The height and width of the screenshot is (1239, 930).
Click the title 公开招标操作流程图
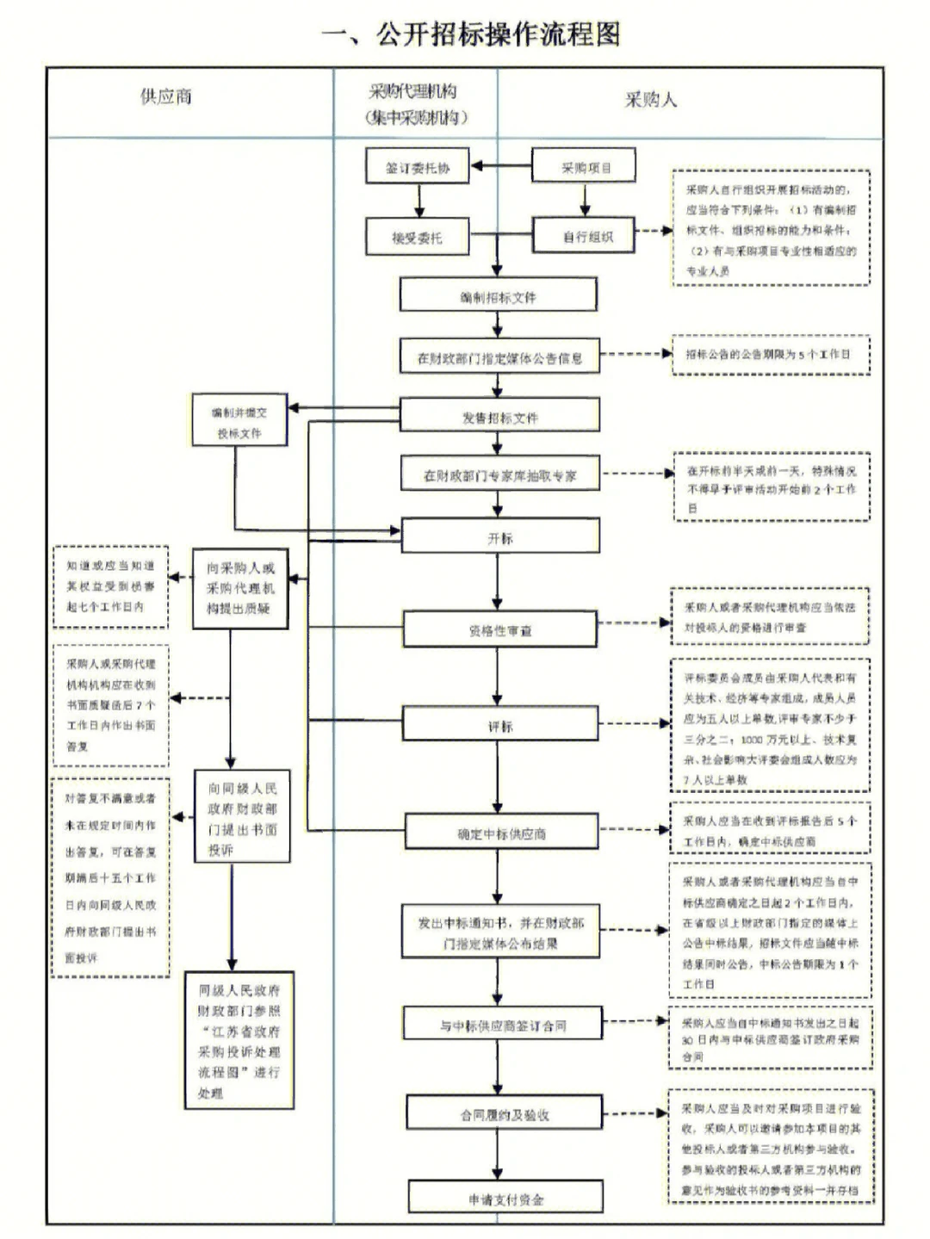click(x=471, y=34)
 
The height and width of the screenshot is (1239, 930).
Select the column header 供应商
click(x=166, y=96)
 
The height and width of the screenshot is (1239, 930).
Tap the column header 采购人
click(x=650, y=100)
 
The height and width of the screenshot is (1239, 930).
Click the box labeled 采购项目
click(x=584, y=167)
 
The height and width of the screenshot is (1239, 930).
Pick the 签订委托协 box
click(x=418, y=167)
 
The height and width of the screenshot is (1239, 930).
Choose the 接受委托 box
click(x=418, y=237)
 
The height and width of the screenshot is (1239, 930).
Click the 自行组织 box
click(x=584, y=236)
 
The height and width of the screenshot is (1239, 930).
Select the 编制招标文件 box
click(x=498, y=296)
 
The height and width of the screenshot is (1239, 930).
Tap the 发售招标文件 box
click(x=499, y=417)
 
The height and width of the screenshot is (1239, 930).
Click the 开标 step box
click(x=499, y=537)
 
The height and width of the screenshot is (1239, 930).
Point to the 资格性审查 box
click(x=499, y=630)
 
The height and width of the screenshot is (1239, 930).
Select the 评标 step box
click(x=499, y=726)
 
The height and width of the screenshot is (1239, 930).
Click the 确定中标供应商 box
click(x=501, y=833)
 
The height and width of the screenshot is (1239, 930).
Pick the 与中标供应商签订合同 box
click(x=502, y=1025)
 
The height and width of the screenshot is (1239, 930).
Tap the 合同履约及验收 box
click(x=504, y=1114)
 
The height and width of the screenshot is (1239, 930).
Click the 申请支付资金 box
click(x=505, y=1199)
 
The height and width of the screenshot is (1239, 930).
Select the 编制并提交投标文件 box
click(x=239, y=422)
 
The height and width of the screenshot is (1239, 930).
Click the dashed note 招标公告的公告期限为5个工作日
click(x=770, y=354)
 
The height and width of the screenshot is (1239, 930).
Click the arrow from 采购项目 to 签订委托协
click(x=501, y=166)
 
